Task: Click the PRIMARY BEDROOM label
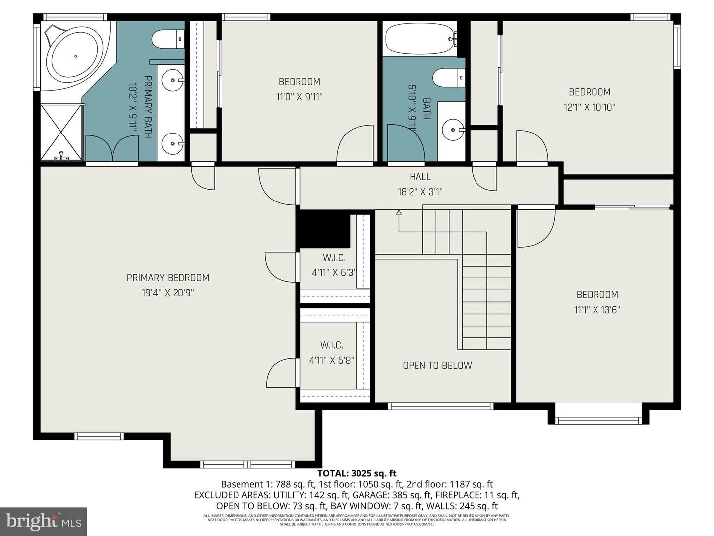[x=168, y=278]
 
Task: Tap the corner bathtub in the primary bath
[x=74, y=56]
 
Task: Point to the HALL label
[x=420, y=177]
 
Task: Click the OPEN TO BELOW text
[x=437, y=366]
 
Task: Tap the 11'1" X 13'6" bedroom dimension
[x=597, y=310]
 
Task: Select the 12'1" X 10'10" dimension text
[x=589, y=107]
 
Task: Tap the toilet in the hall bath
[x=448, y=78]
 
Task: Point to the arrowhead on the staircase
[x=399, y=213]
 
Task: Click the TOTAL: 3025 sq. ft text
[x=357, y=473]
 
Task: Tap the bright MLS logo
[x=44, y=521]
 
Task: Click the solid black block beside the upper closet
[x=322, y=228]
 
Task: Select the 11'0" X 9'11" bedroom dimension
[x=299, y=97]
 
